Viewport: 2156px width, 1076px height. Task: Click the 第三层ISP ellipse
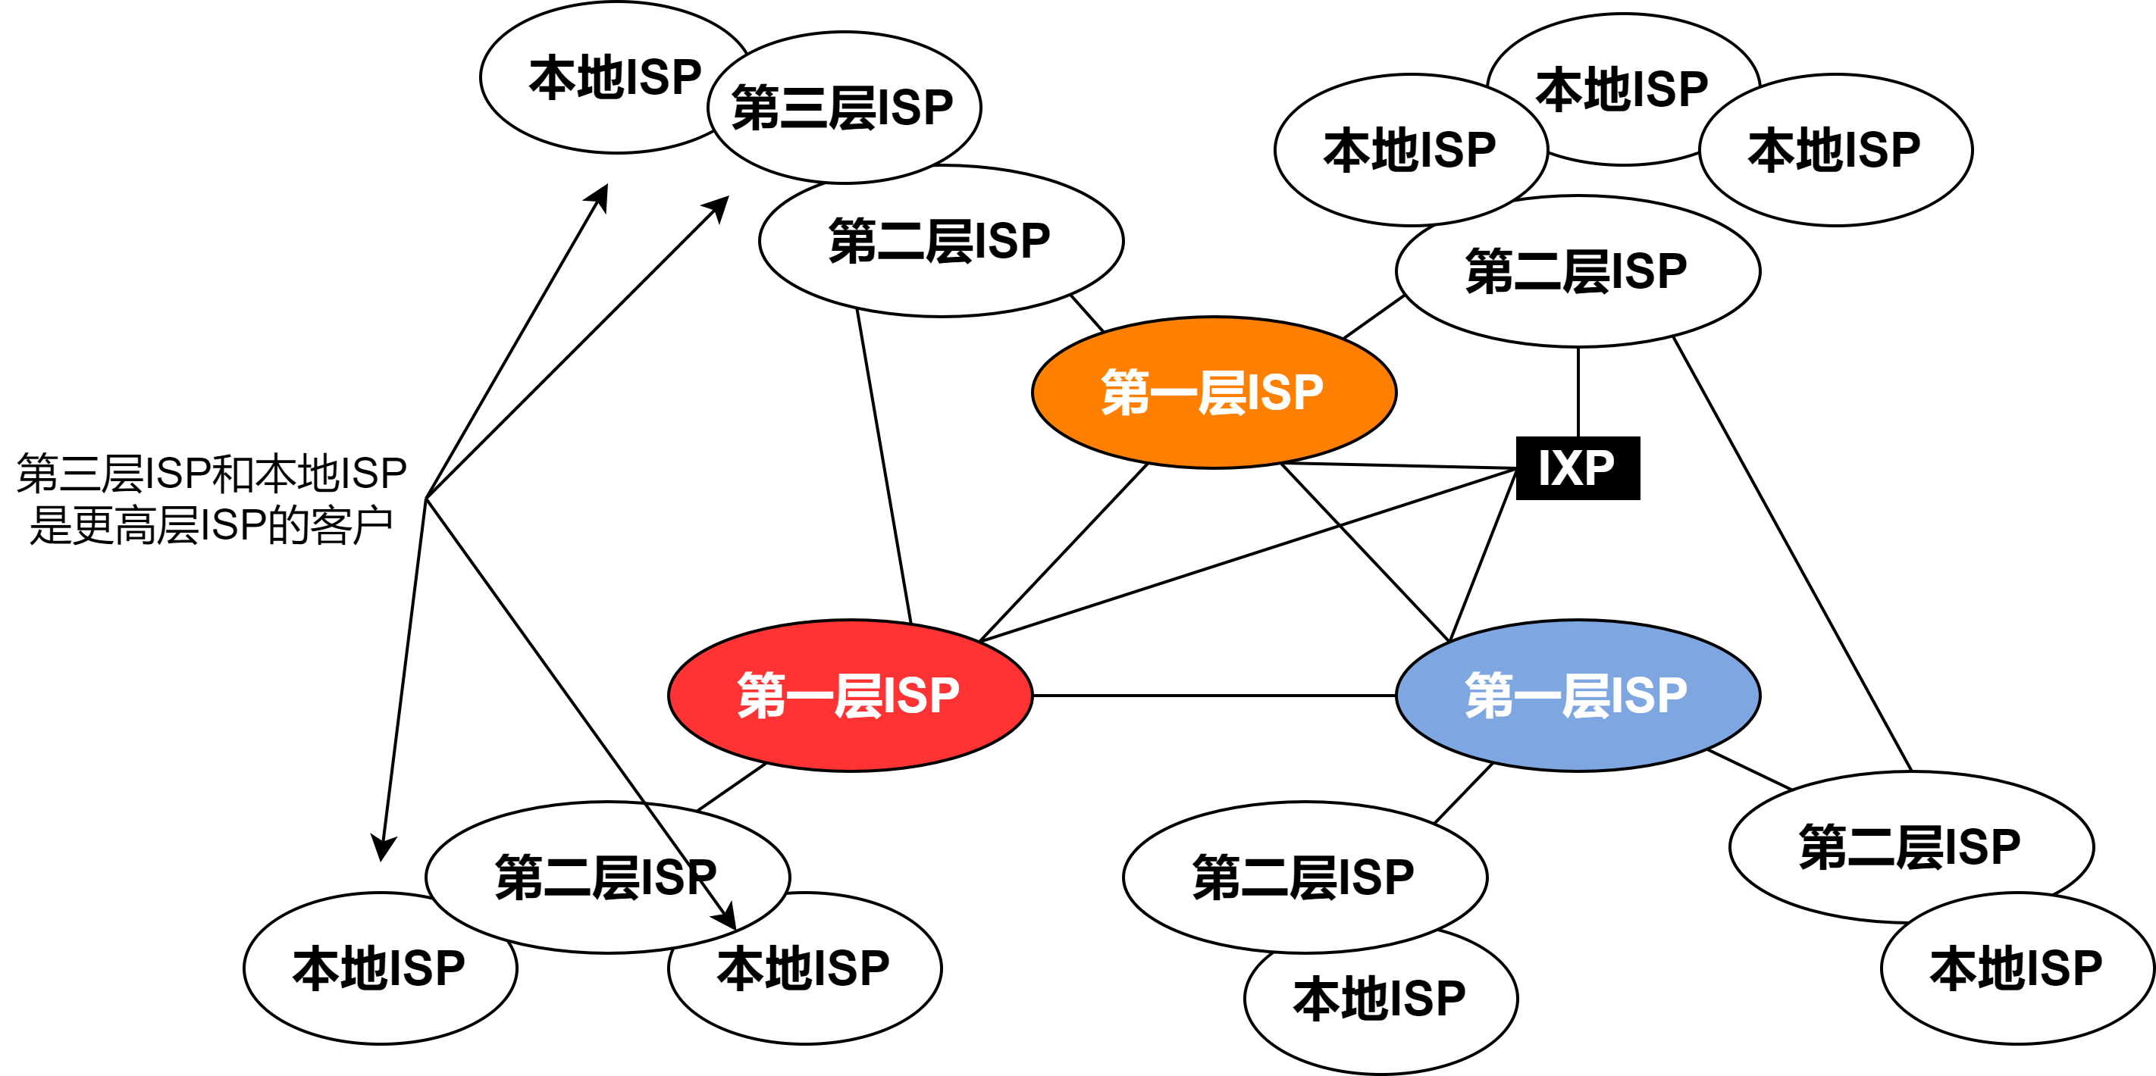[x=843, y=108]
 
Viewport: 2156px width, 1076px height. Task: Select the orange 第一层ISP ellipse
[x=1214, y=393]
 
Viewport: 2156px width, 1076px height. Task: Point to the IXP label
[x=1576, y=468]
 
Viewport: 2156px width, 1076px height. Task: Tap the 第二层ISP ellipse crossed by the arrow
[x=586, y=877]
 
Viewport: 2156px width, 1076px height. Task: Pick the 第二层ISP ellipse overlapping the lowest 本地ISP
[x=1304, y=877]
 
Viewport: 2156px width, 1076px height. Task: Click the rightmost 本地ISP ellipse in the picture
[x=2017, y=968]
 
